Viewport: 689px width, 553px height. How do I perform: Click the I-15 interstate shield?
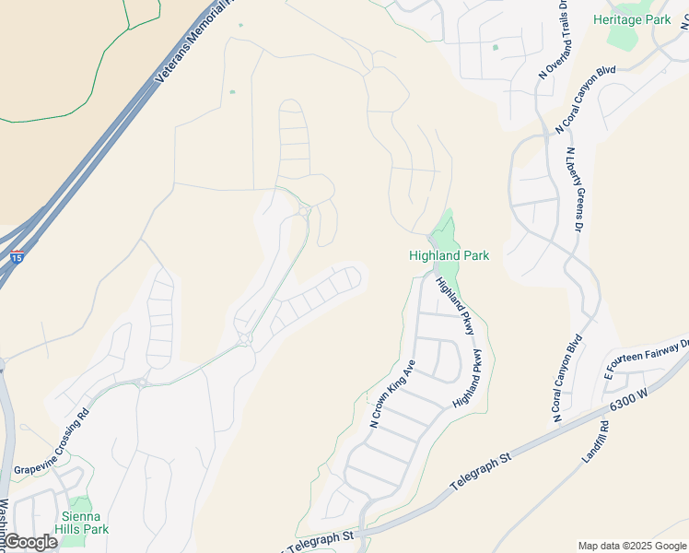click(x=18, y=257)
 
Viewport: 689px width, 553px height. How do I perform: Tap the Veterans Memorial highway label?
click(x=194, y=42)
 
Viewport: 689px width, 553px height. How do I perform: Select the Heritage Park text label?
click(x=631, y=19)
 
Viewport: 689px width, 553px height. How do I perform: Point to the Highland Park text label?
click(x=449, y=255)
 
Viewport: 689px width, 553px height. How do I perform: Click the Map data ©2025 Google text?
click(x=632, y=546)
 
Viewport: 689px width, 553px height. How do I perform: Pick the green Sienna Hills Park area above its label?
click(x=79, y=504)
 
